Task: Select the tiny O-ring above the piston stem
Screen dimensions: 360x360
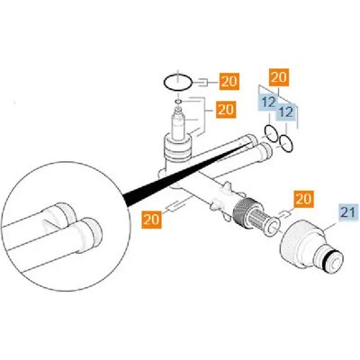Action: coord(178,103)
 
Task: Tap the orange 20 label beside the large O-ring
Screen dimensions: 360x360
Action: coord(229,81)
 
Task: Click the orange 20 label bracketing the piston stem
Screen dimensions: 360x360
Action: coord(226,109)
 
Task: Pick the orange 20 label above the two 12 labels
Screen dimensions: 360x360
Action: coord(279,77)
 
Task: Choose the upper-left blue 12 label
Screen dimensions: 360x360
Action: coord(269,103)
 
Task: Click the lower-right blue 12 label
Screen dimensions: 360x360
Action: coord(286,112)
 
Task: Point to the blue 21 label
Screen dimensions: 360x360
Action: coord(349,212)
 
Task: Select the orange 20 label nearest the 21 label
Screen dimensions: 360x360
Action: coord(303,199)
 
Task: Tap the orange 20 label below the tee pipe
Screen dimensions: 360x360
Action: coord(152,220)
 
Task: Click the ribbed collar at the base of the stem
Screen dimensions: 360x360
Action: coord(177,148)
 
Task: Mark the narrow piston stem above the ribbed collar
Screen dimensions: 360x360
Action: coord(178,123)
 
